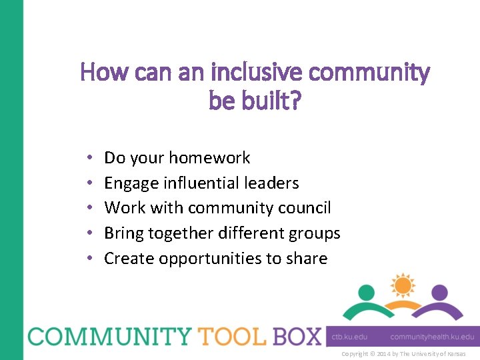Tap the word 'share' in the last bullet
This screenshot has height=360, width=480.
pos(305,259)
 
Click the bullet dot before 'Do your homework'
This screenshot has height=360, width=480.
pos(89,159)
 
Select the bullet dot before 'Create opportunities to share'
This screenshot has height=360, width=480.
pos(89,259)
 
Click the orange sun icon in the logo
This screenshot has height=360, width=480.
pos(403,285)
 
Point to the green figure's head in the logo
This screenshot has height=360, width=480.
pos(366,293)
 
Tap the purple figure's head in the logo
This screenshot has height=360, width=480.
pos(439,293)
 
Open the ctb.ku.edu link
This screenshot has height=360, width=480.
pos(350,337)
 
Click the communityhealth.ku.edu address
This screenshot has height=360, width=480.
pos(432,337)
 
